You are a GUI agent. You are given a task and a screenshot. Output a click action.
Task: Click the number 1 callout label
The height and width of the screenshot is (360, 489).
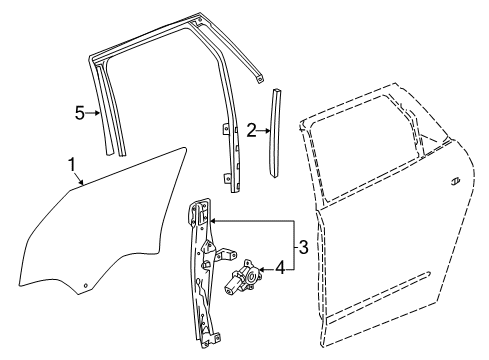(70, 164)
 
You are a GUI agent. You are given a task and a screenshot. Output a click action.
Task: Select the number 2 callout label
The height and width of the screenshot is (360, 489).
(253, 129)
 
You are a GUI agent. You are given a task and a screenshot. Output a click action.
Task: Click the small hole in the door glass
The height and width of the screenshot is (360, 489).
(86, 285)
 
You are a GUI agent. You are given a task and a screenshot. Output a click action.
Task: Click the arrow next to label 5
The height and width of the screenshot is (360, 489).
(95, 113)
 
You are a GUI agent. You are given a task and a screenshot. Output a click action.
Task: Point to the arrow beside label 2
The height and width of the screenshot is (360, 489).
(265, 129)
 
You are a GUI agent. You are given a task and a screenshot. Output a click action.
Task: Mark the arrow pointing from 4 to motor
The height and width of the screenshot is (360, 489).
(266, 268)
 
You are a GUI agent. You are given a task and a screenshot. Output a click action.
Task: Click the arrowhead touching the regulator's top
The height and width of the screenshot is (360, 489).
(216, 220)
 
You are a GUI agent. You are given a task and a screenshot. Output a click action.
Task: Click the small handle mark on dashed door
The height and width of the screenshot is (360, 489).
(454, 180)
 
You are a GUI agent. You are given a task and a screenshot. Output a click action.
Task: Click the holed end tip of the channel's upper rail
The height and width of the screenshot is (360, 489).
(261, 76)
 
